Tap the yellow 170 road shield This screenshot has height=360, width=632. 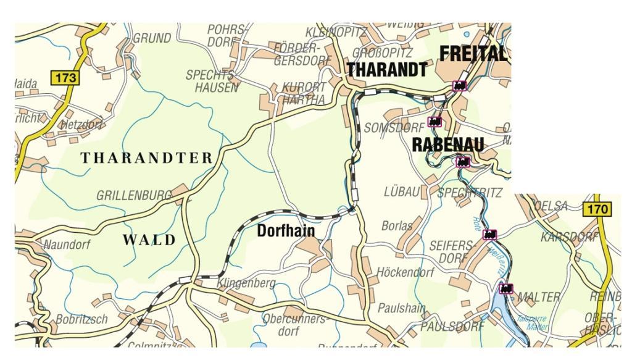pyautogui.click(x=597, y=209)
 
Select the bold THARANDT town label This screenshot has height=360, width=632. pyautogui.click(x=387, y=70)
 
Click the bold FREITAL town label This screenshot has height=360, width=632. pyautogui.click(x=473, y=54)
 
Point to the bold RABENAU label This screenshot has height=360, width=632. pyautogui.click(x=447, y=144)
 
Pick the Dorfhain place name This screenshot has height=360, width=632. pyautogui.click(x=286, y=231)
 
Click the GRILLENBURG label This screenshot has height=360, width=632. pyautogui.click(x=134, y=196)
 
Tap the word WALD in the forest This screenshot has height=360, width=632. pyautogui.click(x=149, y=240)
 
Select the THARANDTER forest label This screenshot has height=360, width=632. pyautogui.click(x=147, y=158)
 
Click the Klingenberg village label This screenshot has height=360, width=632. pyautogui.click(x=246, y=283)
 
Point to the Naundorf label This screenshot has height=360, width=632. pyautogui.click(x=67, y=245)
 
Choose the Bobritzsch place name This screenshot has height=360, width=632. pyautogui.click(x=81, y=319)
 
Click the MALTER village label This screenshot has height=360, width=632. pyautogui.click(x=538, y=297)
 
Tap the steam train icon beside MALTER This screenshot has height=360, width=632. pyautogui.click(x=506, y=288)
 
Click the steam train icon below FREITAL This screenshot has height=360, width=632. pyautogui.click(x=459, y=86)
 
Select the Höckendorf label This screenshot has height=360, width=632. pyautogui.click(x=405, y=272)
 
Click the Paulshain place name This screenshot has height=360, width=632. pyautogui.click(x=402, y=308)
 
